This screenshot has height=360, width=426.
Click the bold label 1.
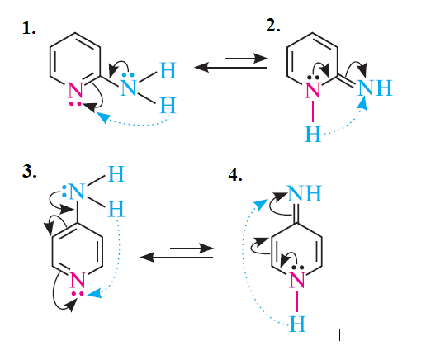pos(29,28)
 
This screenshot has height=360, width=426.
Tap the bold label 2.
pos(272,26)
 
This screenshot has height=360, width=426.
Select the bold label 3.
pos(29,172)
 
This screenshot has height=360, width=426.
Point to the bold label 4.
pos(235,175)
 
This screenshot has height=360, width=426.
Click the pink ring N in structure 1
pos(75,91)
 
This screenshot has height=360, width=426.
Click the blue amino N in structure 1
pos(128,88)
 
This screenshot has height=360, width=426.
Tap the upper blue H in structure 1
pos(168,71)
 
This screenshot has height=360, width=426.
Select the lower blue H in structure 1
pos(168,106)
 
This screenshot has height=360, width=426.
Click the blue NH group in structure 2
pos(375,88)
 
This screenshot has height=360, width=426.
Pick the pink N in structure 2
pos(313,90)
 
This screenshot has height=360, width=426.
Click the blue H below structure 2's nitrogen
pos(313,134)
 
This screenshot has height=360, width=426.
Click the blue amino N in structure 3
pos(77,191)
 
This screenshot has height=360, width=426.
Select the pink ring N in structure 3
pos(78,280)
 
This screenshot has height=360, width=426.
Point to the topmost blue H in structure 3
pos(116,173)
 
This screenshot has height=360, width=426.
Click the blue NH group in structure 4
pos(305,193)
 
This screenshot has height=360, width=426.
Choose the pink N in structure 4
pos(297,280)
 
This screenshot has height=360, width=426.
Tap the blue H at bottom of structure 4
pos(297,324)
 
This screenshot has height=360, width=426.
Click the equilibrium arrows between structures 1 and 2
pos(231,63)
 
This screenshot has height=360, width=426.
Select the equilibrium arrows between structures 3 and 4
pos(177,253)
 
